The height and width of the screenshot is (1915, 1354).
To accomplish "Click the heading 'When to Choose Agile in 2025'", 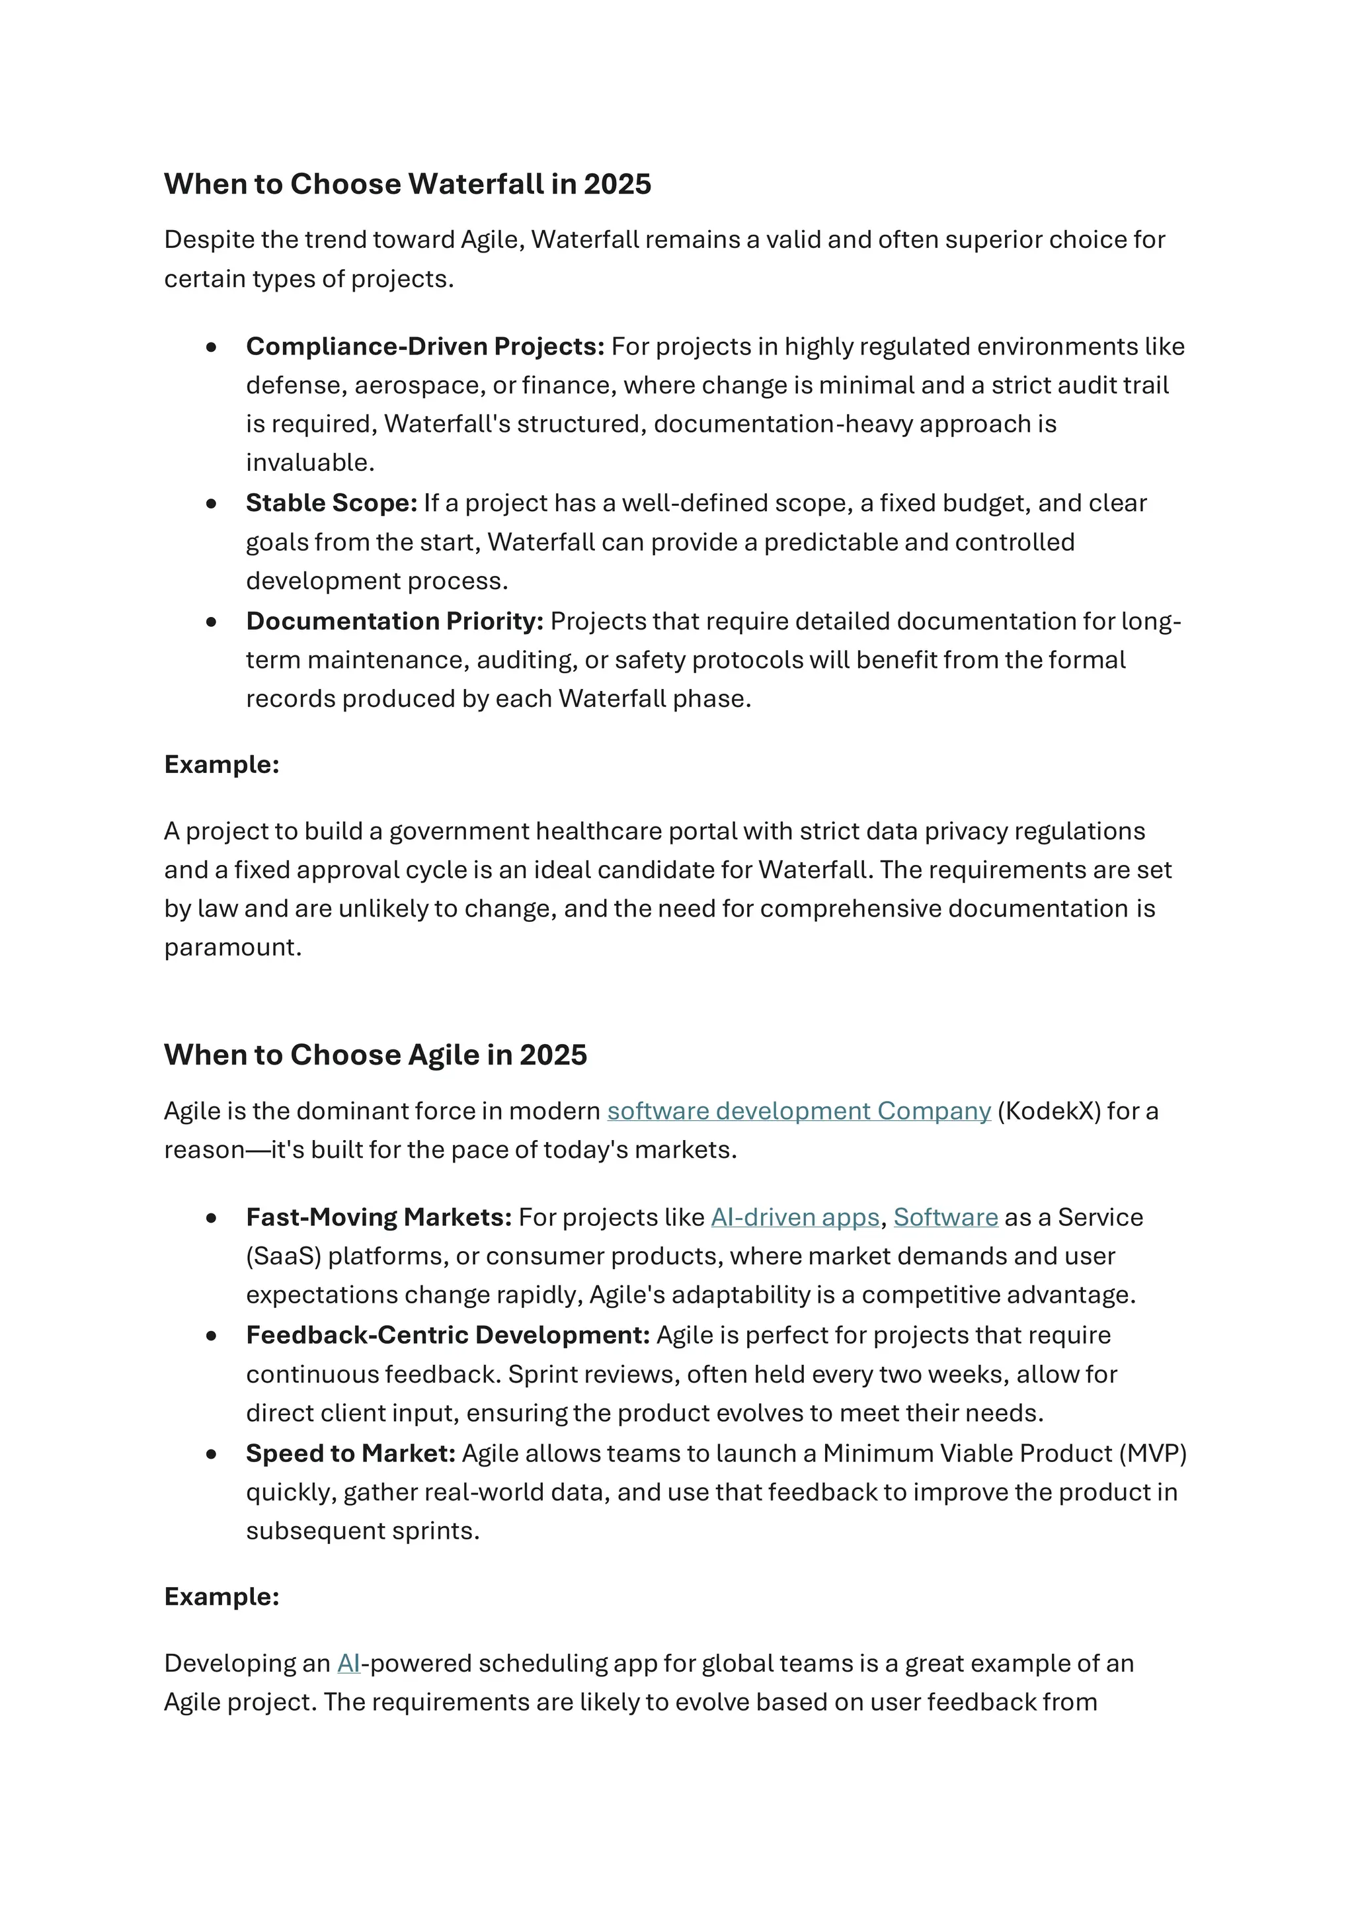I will coord(375,1055).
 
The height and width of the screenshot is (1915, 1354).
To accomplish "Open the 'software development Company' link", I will coord(798,1112).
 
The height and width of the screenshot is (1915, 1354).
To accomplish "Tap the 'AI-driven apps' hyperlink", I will coord(795,1218).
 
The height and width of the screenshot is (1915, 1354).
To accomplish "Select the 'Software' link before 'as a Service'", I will coord(945,1218).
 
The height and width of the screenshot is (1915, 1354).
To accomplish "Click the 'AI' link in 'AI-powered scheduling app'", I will coord(348,1664).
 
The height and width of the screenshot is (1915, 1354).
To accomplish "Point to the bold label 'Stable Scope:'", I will coord(331,504).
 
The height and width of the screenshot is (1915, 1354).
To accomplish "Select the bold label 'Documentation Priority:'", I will coord(394,622).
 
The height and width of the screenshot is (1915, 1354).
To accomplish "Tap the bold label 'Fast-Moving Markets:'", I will coord(379,1218).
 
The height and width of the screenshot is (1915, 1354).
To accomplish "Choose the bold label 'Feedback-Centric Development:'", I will coord(448,1335).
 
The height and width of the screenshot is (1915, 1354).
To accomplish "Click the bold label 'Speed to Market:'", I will coord(350,1453).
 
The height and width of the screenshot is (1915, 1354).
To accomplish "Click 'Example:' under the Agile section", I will coord(221,1597).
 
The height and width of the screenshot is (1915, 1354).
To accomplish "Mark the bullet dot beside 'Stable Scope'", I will coord(212,504).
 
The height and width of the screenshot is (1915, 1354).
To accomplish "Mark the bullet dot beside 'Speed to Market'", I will coord(212,1453).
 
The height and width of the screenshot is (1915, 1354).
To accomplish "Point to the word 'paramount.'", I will coord(233,948).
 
